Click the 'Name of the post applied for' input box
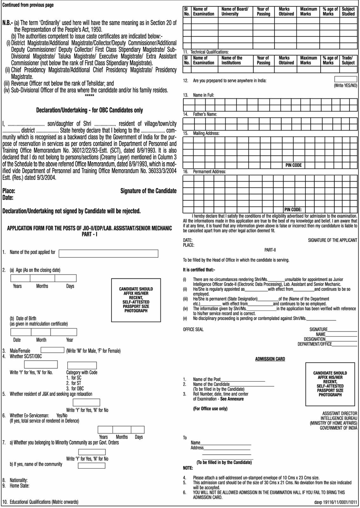[x=108, y=253]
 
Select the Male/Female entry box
[x=52, y=350]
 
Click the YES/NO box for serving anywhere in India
[x=346, y=79]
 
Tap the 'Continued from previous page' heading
[x=28, y=5]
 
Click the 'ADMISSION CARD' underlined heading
[x=270, y=359]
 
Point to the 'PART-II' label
[x=270, y=250]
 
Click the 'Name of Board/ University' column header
[x=235, y=12]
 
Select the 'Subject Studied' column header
[x=348, y=12]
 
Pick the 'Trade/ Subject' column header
[x=348, y=60]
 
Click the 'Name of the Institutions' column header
[x=232, y=60]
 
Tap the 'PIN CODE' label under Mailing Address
[x=293, y=165]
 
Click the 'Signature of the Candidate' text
[x=148, y=191]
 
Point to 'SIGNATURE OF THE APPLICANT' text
[x=332, y=240]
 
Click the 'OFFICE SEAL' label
[x=193, y=330]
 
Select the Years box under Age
[x=20, y=278]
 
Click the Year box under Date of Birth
[x=64, y=332]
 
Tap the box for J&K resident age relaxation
[x=86, y=403]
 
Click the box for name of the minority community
[x=92, y=466]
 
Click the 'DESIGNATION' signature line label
[x=315, y=339]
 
